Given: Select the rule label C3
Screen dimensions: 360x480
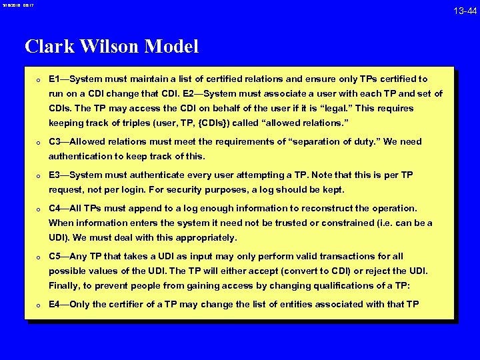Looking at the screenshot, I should coord(55,141).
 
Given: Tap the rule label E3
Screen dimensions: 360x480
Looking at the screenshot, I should coord(55,175).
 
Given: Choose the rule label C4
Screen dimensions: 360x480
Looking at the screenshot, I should coord(55,208).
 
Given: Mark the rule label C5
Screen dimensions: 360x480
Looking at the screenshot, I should coord(55,256).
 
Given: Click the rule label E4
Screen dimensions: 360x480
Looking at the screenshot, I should coord(55,304).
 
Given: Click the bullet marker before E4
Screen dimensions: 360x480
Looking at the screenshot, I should coord(40,305).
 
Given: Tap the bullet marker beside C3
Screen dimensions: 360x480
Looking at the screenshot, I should coord(40,142).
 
